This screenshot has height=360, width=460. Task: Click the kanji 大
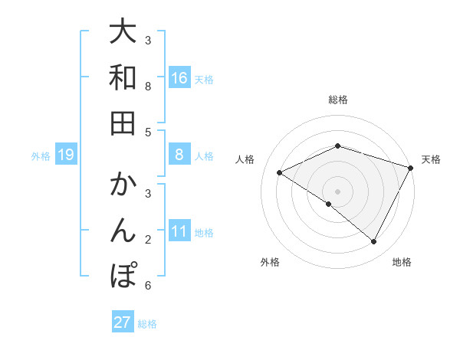[x=123, y=33]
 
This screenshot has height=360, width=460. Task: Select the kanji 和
[x=123, y=78]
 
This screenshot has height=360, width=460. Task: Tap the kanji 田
[x=123, y=123]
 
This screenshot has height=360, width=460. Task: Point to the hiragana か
[x=123, y=187]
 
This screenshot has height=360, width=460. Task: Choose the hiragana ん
[x=123, y=231]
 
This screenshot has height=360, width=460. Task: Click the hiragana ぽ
[x=123, y=275]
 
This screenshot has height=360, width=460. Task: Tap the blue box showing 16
[x=179, y=78]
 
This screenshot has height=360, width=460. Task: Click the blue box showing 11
[x=179, y=232]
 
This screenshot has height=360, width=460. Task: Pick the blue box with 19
[x=65, y=155]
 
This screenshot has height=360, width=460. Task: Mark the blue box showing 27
[x=122, y=322]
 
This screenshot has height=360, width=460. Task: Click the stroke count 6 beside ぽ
[x=147, y=286]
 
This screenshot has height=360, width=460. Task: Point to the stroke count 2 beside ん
[x=147, y=240]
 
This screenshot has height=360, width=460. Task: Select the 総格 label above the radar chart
[x=337, y=100]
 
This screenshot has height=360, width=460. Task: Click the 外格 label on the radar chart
[x=270, y=262]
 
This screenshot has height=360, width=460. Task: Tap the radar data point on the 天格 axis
[x=412, y=169]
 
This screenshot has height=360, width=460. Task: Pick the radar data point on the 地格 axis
[x=374, y=242]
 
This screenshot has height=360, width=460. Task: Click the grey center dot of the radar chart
[x=337, y=191]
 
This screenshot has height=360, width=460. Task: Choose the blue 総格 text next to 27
[x=147, y=324]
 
